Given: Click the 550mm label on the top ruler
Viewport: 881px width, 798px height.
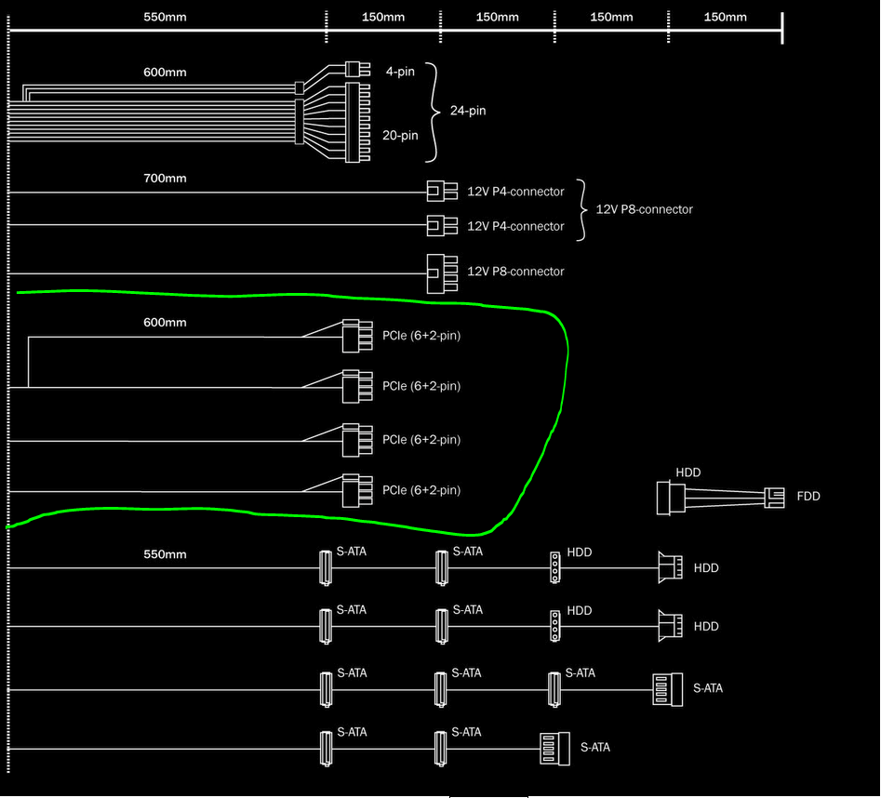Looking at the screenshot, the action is [x=165, y=17].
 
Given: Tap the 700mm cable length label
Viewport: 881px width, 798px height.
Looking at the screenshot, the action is [x=165, y=178].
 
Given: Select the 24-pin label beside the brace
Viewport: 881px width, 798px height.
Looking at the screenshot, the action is [x=468, y=111].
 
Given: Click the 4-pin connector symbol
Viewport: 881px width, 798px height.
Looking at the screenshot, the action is [x=357, y=69].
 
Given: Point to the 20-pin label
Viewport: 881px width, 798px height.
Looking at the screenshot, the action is [x=400, y=136].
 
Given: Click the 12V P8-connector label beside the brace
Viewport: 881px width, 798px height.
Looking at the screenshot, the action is [x=644, y=209].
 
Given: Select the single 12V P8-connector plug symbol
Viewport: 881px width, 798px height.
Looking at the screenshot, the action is [x=442, y=274].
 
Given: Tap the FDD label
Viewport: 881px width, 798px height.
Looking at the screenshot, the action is [x=808, y=497].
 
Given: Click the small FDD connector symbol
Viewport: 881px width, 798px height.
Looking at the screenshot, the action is [x=774, y=498].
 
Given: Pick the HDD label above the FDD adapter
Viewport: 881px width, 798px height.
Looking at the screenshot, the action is [x=688, y=472].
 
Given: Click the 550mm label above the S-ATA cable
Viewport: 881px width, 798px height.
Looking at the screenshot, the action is [x=165, y=554].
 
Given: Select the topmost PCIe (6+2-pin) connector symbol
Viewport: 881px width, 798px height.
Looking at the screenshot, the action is [x=357, y=336].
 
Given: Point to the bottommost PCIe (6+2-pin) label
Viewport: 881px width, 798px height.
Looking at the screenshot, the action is [x=421, y=490].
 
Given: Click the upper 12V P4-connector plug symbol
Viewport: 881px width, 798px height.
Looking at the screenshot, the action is [x=442, y=191].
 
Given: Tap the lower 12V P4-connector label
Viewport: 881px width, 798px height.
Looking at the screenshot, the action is [x=515, y=226].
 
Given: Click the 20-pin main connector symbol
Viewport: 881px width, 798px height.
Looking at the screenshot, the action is [x=358, y=123].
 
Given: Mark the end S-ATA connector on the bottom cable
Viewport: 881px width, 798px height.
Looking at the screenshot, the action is [x=554, y=749].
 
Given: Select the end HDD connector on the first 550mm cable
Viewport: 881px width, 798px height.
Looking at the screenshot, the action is [x=671, y=567].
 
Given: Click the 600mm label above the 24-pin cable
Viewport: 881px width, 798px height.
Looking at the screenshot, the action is [x=165, y=73].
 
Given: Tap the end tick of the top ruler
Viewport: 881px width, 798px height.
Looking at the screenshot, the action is [x=782, y=29].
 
